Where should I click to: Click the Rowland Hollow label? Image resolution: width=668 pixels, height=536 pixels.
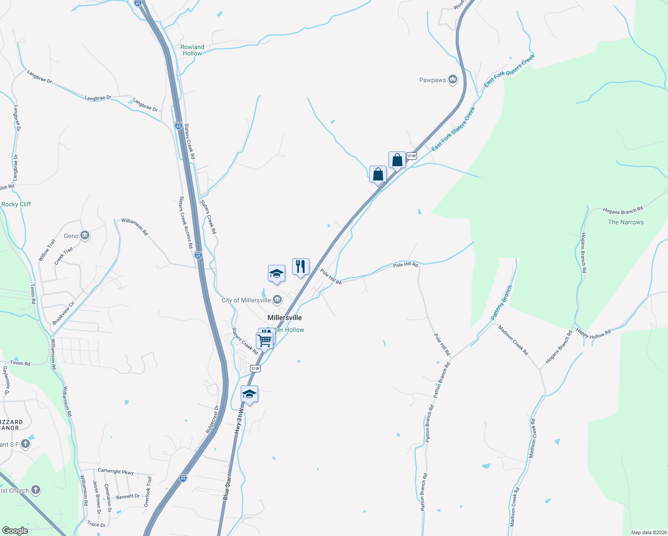tap(192, 50)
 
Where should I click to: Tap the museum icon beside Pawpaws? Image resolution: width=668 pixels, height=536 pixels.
tap(453, 80)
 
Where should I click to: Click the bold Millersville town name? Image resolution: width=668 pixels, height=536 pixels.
tap(284, 318)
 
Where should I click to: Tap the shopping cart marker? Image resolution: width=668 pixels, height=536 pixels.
tap(264, 341)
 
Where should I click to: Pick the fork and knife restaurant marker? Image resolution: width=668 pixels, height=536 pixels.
tap(301, 267)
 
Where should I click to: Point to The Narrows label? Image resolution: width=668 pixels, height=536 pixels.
tap(626, 222)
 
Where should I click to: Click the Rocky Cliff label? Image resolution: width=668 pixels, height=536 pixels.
tap(16, 204)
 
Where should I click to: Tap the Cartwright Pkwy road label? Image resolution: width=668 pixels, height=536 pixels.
tap(116, 471)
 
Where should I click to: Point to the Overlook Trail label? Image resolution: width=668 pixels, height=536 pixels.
tap(148, 492)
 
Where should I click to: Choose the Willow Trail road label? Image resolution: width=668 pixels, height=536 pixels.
tap(47, 250)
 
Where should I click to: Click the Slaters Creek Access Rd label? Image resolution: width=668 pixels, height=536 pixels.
tap(186, 222)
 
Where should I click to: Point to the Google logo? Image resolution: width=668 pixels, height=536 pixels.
tap(15, 531)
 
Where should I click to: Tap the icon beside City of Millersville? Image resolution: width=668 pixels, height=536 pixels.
tap(277, 300)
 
